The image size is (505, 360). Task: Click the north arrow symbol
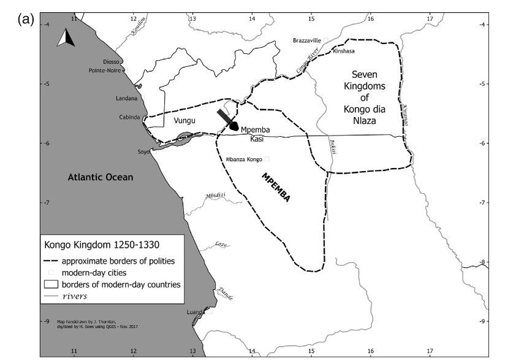click(66, 39)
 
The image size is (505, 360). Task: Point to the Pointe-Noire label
click(105, 71)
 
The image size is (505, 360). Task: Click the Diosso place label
click(112, 61)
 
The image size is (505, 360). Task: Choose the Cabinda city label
click(130, 117)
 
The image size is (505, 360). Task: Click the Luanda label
click(196, 312)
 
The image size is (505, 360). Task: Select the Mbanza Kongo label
click(244, 159)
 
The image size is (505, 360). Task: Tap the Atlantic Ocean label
click(100, 178)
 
